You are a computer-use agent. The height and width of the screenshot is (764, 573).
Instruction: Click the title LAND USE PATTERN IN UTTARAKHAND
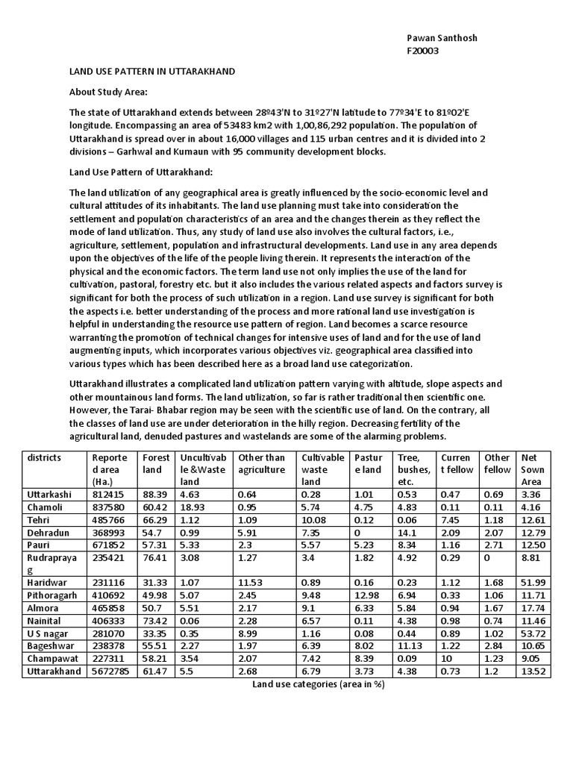point(152,72)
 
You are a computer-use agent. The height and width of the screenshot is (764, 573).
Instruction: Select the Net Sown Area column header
point(533,470)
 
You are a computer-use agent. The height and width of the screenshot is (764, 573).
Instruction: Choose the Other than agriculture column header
point(261,464)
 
